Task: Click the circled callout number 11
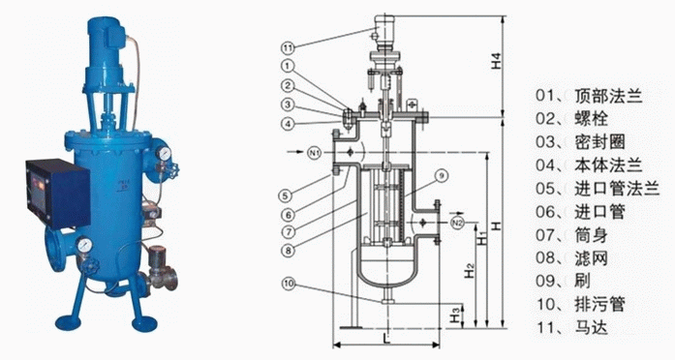[288, 47]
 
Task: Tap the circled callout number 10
[290, 284]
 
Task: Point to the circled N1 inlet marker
[315, 152]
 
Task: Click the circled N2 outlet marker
[457, 223]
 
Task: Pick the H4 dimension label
[497, 61]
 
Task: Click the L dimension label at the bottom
[386, 338]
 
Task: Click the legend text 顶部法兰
[608, 96]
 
